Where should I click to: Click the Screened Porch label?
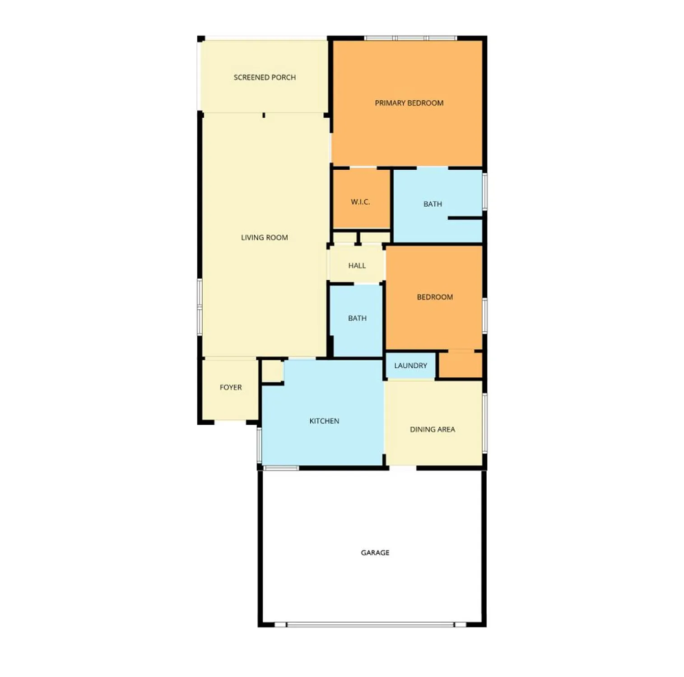click(x=265, y=78)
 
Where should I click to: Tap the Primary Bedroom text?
click(x=409, y=103)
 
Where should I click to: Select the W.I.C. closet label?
click(x=360, y=202)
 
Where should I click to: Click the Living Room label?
click(x=264, y=238)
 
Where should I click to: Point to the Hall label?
click(x=357, y=266)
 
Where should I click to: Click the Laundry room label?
click(x=410, y=366)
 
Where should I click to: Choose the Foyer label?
click(x=231, y=388)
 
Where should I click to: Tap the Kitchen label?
click(x=324, y=421)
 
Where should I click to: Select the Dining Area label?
click(x=432, y=430)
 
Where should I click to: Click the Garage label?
click(x=375, y=553)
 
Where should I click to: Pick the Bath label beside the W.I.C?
click(x=433, y=204)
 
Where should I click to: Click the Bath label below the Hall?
click(x=357, y=319)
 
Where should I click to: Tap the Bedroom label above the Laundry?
click(x=435, y=297)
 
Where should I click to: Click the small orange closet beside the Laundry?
click(x=461, y=365)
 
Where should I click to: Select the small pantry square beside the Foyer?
click(x=272, y=371)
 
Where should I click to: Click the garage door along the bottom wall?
click(x=370, y=625)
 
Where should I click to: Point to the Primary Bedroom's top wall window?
click(x=410, y=38)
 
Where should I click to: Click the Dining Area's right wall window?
click(x=484, y=423)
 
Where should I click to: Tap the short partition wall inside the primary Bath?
click(x=465, y=218)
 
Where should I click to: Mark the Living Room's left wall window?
click(x=200, y=307)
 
